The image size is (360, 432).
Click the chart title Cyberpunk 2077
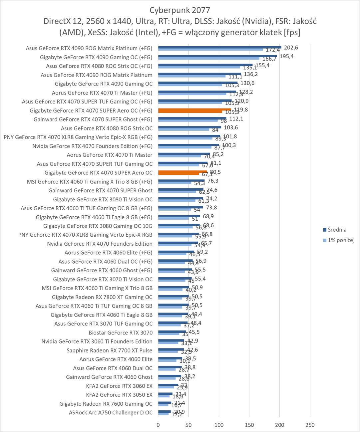(x=180, y=10)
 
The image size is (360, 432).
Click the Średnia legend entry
(x=337, y=230)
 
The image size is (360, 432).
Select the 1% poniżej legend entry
(x=341, y=240)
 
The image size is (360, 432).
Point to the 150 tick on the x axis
(x=249, y=425)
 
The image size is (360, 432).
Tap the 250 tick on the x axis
(x=310, y=425)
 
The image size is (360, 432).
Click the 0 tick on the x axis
(x=158, y=425)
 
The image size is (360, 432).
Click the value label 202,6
(x=291, y=48)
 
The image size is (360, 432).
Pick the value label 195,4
(x=286, y=57)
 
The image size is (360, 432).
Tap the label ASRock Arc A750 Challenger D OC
(x=111, y=413)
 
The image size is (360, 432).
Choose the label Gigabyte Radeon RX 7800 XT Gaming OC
(x=102, y=297)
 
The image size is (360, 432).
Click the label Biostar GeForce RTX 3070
(x=121, y=333)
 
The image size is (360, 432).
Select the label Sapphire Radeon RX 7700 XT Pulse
(x=109, y=350)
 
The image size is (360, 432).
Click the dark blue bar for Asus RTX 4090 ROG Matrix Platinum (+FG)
(x=220, y=47)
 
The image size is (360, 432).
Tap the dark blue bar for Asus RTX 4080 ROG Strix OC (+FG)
(x=205, y=65)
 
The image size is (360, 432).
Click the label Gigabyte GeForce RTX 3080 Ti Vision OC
(x=103, y=199)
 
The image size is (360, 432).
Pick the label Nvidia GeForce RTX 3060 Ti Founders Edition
(x=97, y=341)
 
